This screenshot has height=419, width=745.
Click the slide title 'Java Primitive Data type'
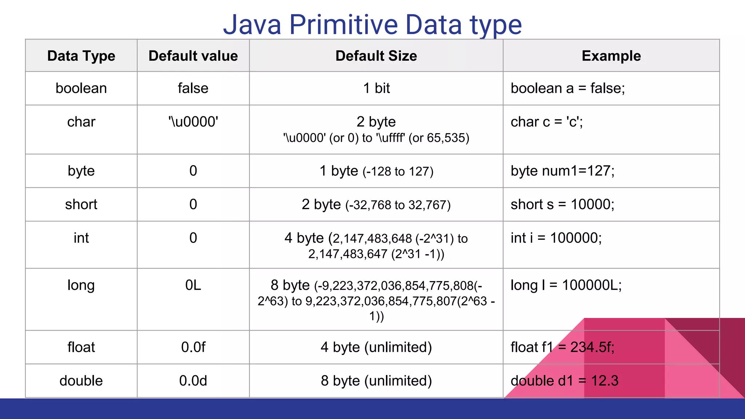tap(372, 25)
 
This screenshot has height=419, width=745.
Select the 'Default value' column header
tap(193, 56)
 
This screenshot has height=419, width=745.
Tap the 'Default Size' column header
tap(376, 56)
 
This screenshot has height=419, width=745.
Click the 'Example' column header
tap(611, 56)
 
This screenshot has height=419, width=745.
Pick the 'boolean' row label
tap(81, 88)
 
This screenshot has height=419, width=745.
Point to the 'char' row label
tap(81, 122)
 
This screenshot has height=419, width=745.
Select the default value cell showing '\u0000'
tap(193, 122)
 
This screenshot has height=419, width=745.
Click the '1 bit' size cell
tap(376, 88)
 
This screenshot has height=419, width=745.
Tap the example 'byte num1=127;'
tap(562, 171)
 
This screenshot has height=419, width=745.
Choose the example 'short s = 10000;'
tap(562, 204)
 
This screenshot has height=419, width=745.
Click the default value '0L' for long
tap(193, 285)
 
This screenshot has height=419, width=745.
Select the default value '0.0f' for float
tap(193, 347)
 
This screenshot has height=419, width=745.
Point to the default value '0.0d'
tap(193, 381)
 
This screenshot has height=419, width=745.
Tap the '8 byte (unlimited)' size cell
tap(376, 381)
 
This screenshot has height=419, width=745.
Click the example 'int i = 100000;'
tap(556, 238)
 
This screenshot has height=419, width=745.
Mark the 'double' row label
tap(81, 381)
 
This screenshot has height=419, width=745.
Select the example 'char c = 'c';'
tap(547, 122)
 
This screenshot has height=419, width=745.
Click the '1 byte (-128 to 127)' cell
tap(376, 171)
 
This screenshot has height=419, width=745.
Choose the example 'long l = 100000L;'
tap(566, 285)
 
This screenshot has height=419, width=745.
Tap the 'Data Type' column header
tap(81, 56)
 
